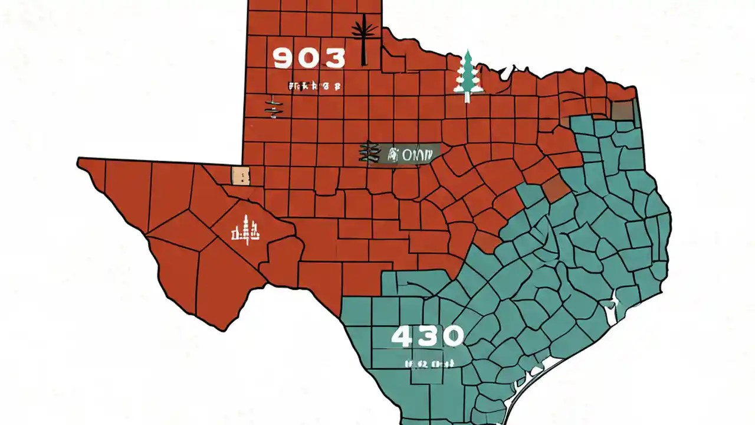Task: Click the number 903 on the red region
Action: click(309, 58)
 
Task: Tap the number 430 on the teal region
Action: click(428, 336)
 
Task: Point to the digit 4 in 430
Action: click(404, 336)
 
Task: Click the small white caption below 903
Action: click(314, 86)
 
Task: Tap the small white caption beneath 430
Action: click(429, 364)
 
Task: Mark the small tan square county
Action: click(241, 175)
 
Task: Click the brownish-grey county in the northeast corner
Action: click(622, 110)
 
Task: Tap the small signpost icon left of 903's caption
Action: click(274, 106)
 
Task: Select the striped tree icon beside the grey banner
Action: click(368, 152)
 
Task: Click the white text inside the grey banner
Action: click(409, 155)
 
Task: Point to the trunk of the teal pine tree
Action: click(468, 96)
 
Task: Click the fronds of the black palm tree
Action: click(363, 28)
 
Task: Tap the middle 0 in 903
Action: click(309, 58)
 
